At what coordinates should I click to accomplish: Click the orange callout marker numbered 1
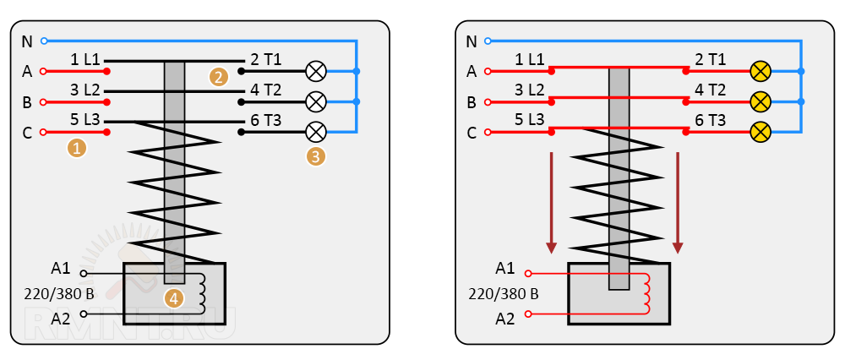pyautogui.click(x=78, y=148)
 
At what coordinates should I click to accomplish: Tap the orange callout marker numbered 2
pyautogui.click(x=219, y=77)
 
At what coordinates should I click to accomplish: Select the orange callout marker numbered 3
pyautogui.click(x=315, y=155)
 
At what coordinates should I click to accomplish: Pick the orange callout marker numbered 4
pyautogui.click(x=173, y=297)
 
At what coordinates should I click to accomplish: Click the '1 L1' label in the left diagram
pyautogui.click(x=85, y=60)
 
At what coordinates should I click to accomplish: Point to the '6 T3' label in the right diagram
pyautogui.click(x=710, y=120)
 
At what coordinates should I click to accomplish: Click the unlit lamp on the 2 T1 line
pyautogui.click(x=315, y=71)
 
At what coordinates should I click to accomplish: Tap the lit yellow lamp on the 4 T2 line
pyautogui.click(x=760, y=101)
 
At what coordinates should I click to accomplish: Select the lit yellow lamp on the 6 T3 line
pyautogui.click(x=760, y=132)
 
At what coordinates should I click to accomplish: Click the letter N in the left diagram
pyautogui.click(x=26, y=41)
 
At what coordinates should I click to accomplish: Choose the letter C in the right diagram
pyautogui.click(x=472, y=133)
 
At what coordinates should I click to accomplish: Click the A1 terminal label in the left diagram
pyautogui.click(x=60, y=269)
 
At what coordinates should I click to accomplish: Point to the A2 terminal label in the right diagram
pyautogui.click(x=505, y=319)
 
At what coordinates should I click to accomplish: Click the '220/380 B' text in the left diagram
pyautogui.click(x=58, y=294)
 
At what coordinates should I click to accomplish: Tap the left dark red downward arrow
pyautogui.click(x=552, y=203)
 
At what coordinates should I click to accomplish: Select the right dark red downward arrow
pyautogui.click(x=678, y=203)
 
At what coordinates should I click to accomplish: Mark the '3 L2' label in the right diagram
pyautogui.click(x=531, y=90)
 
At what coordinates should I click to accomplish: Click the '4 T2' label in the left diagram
pyautogui.click(x=265, y=90)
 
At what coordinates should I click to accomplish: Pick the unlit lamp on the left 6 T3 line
pyautogui.click(x=315, y=132)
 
